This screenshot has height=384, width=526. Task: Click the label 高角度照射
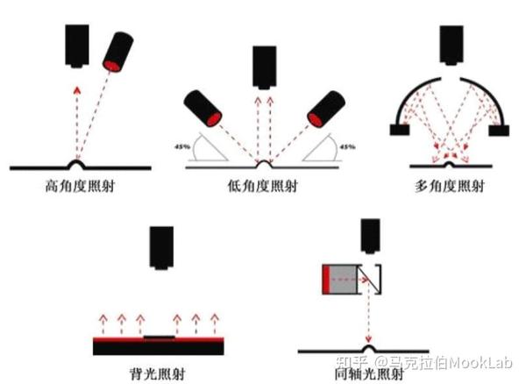click(x=78, y=187)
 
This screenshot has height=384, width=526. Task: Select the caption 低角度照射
click(x=260, y=187)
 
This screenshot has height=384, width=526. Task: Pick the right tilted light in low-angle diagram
click(x=321, y=110)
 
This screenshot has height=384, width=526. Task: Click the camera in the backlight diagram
click(x=161, y=251)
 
